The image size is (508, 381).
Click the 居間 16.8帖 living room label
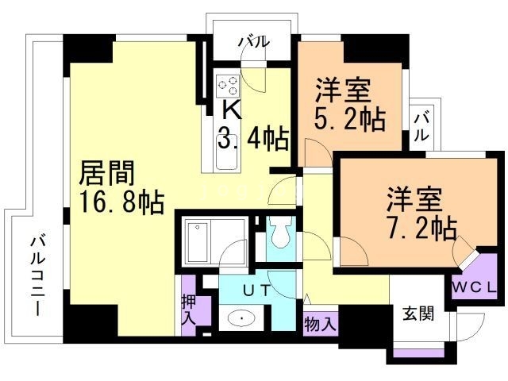click(x=121, y=187)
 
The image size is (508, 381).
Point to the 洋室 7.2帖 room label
click(x=421, y=212)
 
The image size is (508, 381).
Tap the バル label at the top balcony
click(x=253, y=41)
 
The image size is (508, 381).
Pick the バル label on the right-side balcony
click(x=422, y=127)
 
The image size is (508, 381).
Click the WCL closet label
click(x=475, y=286)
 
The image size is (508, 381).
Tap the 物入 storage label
click(x=321, y=323)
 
